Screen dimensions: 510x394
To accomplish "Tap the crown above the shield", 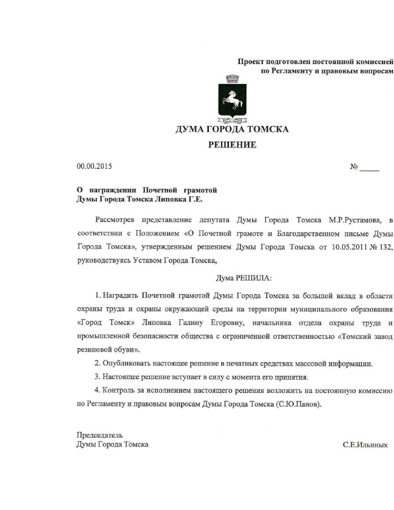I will pyautogui.click(x=232, y=79).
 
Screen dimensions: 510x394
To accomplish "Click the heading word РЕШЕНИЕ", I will pyautogui.click(x=232, y=145).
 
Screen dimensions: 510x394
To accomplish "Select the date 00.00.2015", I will pyautogui.click(x=94, y=166).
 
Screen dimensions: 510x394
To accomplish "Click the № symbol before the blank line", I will pyautogui.click(x=354, y=167).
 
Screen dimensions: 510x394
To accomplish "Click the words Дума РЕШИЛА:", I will pyautogui.click(x=244, y=278).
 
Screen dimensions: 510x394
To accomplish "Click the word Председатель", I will pyautogui.click(x=100, y=435).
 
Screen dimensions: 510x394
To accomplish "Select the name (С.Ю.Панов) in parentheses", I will pyautogui.click(x=298, y=404).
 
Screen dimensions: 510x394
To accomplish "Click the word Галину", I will pyautogui.click(x=191, y=323).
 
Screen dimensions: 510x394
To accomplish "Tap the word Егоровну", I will pyautogui.click(x=228, y=323).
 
